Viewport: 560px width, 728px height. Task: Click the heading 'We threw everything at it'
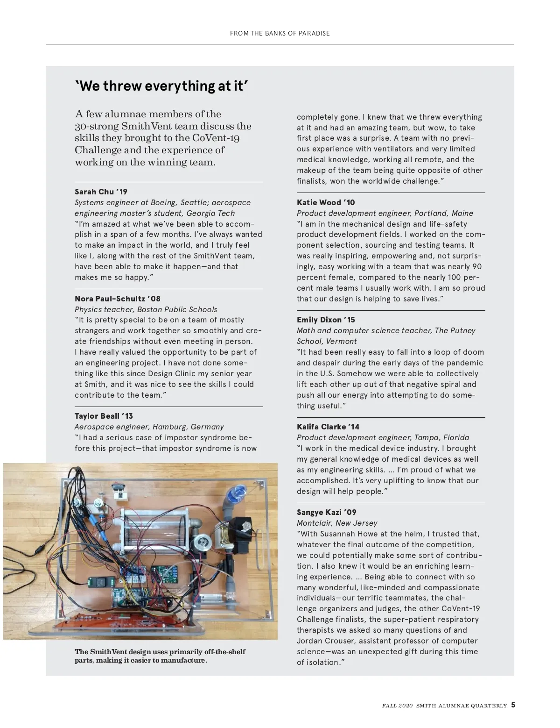tap(161, 86)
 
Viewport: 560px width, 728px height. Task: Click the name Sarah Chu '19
tap(101, 192)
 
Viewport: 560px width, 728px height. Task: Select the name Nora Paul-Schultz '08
tap(117, 299)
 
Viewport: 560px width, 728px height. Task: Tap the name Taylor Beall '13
tap(104, 416)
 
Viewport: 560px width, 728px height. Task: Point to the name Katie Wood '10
tap(326, 202)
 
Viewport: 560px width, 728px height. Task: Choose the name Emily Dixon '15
tap(326, 320)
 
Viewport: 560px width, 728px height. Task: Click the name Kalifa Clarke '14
tap(328, 427)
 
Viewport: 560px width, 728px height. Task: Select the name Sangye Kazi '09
tap(326, 512)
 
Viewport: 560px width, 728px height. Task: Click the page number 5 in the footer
tap(513, 705)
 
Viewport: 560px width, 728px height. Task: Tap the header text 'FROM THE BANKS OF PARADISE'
tap(280, 33)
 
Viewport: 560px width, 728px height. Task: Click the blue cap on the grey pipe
tap(238, 492)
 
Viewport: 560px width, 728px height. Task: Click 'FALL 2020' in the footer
tap(397, 706)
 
